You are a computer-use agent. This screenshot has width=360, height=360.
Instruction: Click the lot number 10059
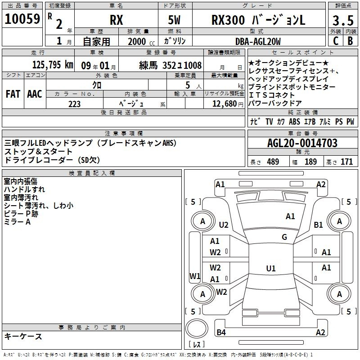(x=22, y=19)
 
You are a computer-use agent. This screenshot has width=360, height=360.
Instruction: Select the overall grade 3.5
(x=343, y=21)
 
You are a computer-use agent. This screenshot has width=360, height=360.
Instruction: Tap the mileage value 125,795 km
(x=53, y=65)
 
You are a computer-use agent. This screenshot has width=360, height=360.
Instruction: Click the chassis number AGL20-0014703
(x=302, y=143)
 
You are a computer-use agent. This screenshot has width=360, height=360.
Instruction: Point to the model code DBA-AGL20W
(x=258, y=41)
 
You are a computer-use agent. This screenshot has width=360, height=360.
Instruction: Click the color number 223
(x=74, y=104)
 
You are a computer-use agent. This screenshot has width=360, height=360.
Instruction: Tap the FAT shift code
(x=13, y=94)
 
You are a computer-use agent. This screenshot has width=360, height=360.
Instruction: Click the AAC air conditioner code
(x=35, y=94)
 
